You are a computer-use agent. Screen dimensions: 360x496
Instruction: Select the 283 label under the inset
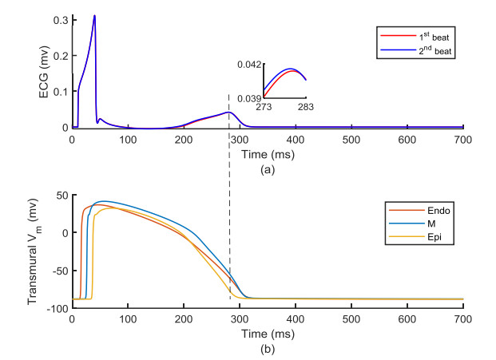pyautogui.click(x=307, y=106)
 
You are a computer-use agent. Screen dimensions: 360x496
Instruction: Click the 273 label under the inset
pyautogui.click(x=264, y=106)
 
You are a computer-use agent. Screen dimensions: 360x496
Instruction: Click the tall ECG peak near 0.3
pyautogui.click(x=94, y=16)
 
